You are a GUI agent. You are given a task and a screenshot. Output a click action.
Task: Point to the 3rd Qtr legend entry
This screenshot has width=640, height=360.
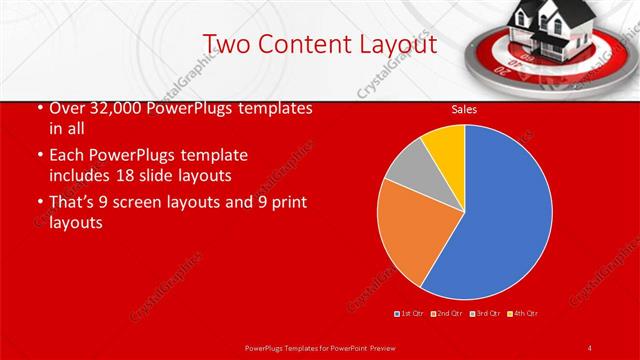coord(486,314)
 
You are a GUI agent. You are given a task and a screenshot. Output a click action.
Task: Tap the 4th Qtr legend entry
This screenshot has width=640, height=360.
coord(524,314)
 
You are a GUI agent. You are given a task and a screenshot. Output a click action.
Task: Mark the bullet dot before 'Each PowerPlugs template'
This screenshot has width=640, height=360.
coord(39,156)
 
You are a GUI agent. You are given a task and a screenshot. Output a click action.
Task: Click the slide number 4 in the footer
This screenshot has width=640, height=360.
coord(590,347)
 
